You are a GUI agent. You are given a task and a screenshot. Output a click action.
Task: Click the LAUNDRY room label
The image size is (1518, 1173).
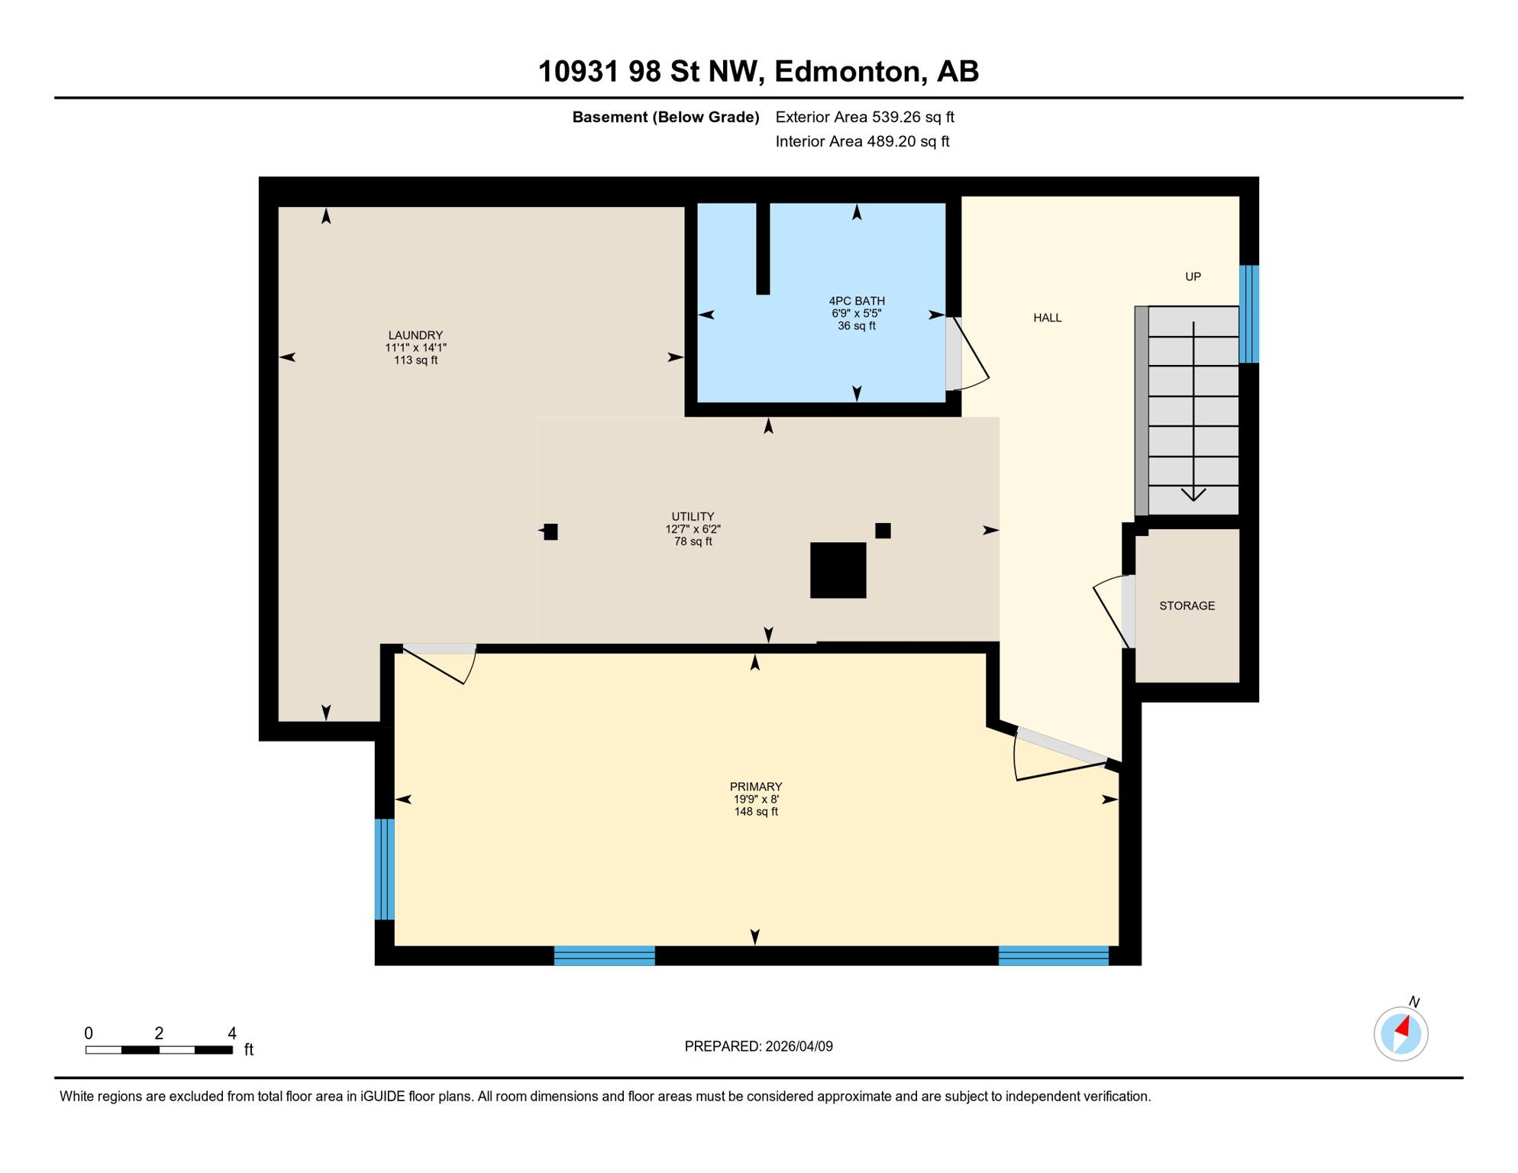415,335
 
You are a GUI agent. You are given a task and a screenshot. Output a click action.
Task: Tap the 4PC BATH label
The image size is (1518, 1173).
856,301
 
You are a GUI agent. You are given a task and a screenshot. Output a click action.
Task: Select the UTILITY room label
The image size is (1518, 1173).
693,517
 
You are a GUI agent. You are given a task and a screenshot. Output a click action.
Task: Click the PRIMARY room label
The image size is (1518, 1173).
755,787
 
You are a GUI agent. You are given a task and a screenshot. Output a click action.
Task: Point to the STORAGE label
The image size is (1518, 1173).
1186,606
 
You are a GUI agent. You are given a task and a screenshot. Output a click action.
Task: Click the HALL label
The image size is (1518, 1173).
1047,318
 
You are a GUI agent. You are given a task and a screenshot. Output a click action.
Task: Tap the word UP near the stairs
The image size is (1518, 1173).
1192,276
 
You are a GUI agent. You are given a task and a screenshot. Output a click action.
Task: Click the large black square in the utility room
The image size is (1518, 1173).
838,570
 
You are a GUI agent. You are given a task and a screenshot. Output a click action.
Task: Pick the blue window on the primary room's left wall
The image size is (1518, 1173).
384,868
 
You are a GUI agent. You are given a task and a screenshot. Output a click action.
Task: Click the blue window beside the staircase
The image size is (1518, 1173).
1248,313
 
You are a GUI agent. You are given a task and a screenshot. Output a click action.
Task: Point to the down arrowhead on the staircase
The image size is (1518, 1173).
1193,495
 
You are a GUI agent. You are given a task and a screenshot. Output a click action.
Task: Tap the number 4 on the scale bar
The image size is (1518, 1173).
232,1033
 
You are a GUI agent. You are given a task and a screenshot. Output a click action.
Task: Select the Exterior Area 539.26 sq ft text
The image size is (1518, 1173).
864,117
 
